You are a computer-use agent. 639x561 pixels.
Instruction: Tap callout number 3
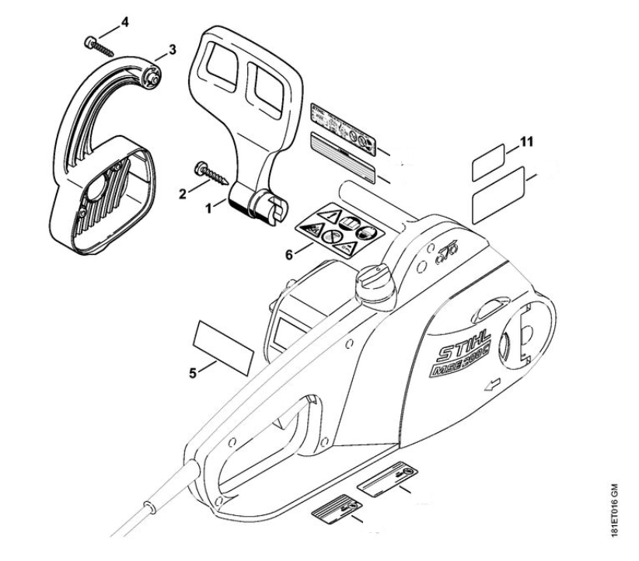(173, 49)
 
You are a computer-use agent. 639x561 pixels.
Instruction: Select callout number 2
(183, 193)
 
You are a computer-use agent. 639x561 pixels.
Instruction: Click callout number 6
(288, 254)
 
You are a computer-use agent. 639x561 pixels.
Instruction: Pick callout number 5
(194, 371)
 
